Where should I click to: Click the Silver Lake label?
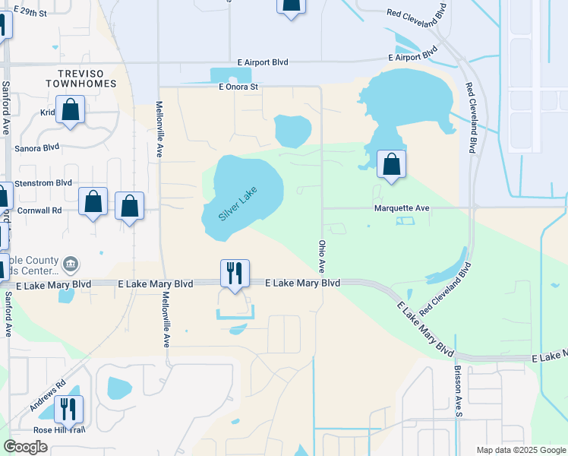[238, 204]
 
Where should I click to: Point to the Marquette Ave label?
[402, 207]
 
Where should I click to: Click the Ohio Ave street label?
[321, 257]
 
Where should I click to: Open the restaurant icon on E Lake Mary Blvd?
[235, 273]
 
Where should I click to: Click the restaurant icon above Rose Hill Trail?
[69, 409]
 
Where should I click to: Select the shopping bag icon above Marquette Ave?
[391, 163]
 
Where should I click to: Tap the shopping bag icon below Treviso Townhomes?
[70, 109]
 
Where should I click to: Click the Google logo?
[25, 447]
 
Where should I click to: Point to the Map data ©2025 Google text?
[521, 450]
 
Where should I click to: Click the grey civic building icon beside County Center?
[71, 264]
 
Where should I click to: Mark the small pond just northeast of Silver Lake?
[292, 131]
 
